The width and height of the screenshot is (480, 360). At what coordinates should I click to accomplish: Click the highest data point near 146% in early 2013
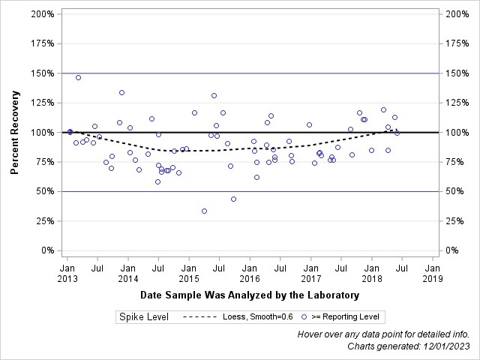(78, 77)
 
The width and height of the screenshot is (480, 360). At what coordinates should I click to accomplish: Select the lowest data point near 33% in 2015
(204, 211)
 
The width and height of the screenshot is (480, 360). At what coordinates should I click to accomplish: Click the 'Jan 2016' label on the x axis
(250, 273)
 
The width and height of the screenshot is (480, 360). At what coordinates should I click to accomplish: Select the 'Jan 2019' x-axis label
(433, 273)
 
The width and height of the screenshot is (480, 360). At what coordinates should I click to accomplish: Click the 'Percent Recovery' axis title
(15, 133)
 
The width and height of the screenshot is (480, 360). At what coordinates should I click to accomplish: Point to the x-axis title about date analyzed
(249, 295)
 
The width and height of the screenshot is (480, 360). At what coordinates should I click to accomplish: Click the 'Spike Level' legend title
(143, 317)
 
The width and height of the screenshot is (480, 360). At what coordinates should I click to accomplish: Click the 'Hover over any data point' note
(383, 334)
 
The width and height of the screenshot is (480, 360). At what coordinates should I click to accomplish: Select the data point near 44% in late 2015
(233, 199)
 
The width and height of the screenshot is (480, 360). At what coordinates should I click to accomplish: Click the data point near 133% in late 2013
(121, 92)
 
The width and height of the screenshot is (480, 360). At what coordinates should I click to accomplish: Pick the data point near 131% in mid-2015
(214, 95)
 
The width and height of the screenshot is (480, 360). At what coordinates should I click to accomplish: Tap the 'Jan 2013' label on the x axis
(67, 273)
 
